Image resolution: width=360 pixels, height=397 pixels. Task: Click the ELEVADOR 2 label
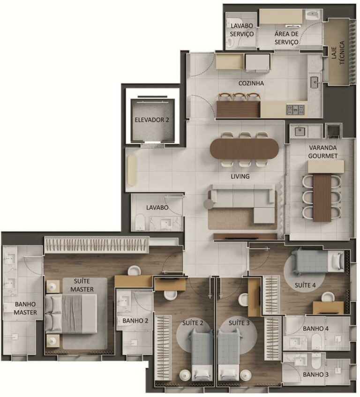click(152, 120)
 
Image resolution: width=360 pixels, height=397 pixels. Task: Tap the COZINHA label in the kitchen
click(251, 83)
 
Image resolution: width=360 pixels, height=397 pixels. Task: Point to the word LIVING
click(240, 177)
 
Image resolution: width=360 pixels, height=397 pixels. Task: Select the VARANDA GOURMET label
click(320, 151)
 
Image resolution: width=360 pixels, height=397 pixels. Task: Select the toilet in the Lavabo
click(141, 222)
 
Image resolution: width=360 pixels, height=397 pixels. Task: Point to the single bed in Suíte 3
click(230, 352)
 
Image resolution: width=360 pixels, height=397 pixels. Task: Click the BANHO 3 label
click(315, 375)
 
